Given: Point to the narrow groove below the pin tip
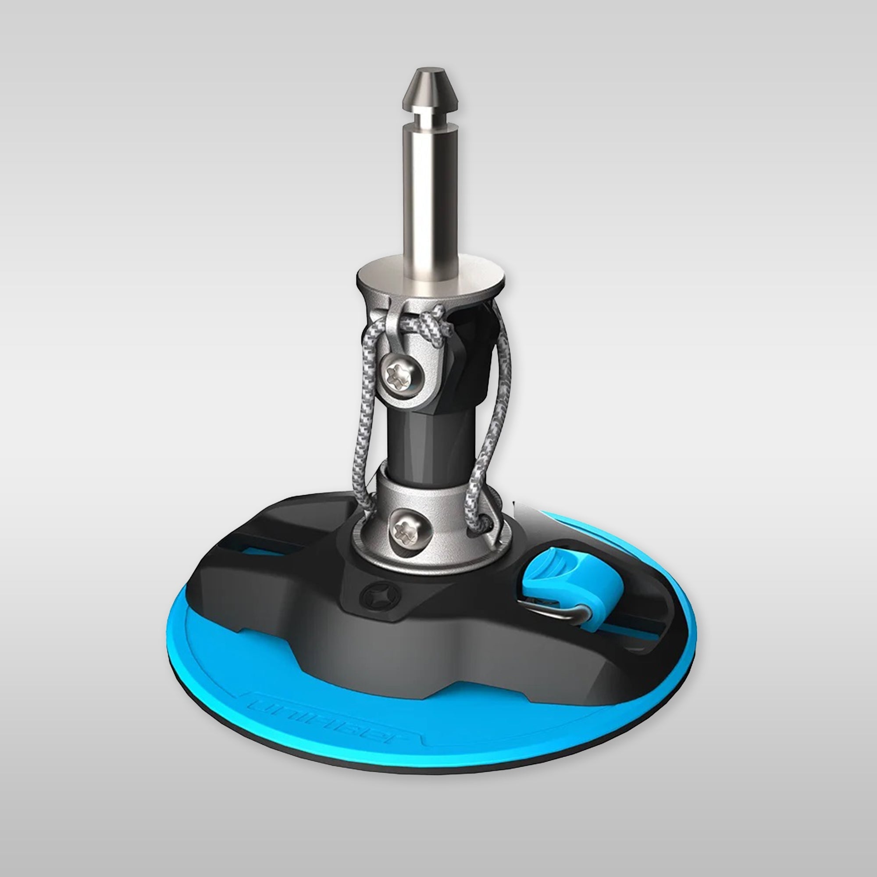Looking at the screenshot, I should coord(427,119).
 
